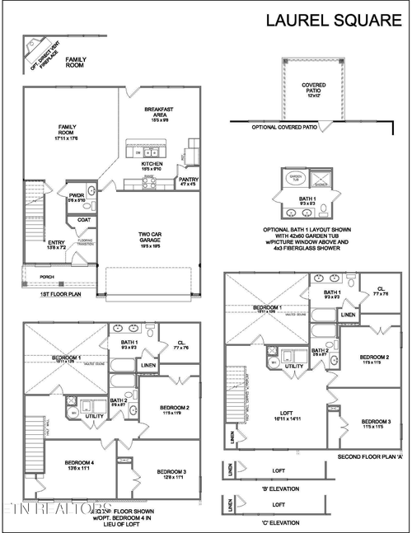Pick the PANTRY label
pyautogui.click(x=188, y=180)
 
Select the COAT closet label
pyautogui.click(x=84, y=220)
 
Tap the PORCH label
pyautogui.click(x=47, y=277)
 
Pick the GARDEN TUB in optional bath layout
pyautogui.click(x=295, y=177)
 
